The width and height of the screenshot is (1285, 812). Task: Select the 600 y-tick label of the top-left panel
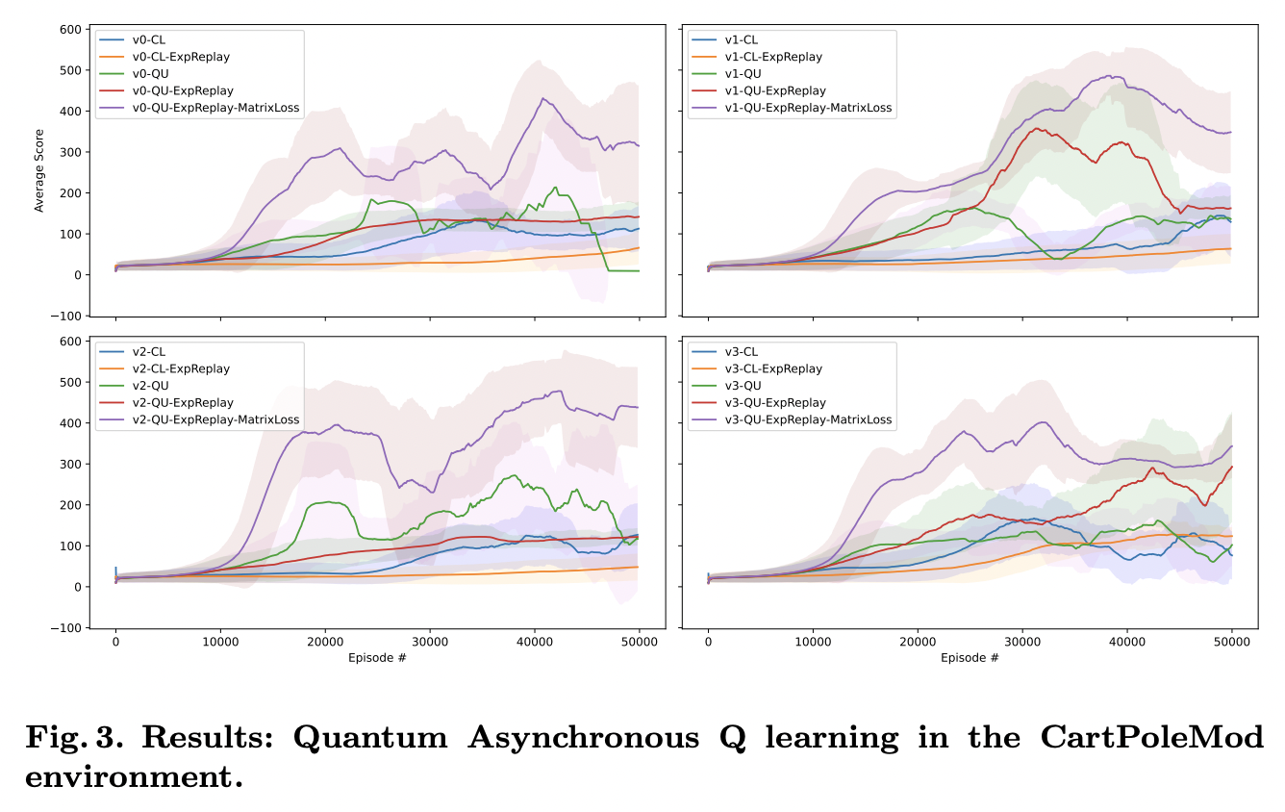68,30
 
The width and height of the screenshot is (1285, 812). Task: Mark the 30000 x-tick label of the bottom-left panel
430,642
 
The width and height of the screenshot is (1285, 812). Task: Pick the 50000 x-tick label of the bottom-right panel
1231,642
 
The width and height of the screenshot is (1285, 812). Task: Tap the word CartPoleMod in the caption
1151,739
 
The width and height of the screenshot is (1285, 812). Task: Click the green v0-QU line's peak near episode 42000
555,188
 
